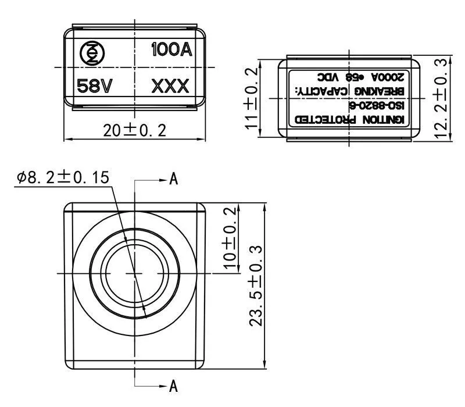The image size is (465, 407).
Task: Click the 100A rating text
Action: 171,49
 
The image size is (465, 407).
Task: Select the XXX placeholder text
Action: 170,87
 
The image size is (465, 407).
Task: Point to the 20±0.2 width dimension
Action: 135,130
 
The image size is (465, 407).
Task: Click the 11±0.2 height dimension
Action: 251,98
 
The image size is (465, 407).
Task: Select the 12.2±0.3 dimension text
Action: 442,98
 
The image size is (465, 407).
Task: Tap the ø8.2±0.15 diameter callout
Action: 63,178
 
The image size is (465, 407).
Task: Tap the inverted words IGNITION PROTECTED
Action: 353,119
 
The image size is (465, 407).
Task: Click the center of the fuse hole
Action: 135,272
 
